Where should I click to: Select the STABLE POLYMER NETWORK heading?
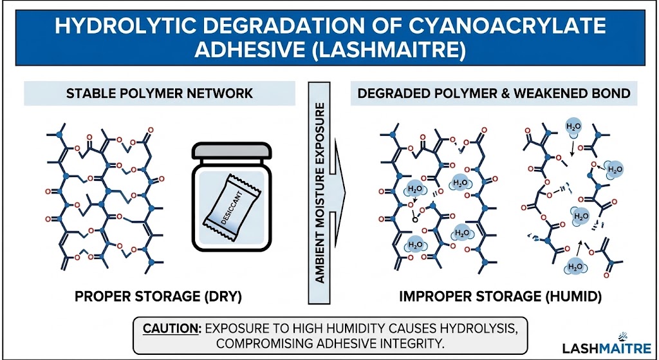[x=160, y=94]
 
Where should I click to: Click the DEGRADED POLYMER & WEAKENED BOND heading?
[x=493, y=94]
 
